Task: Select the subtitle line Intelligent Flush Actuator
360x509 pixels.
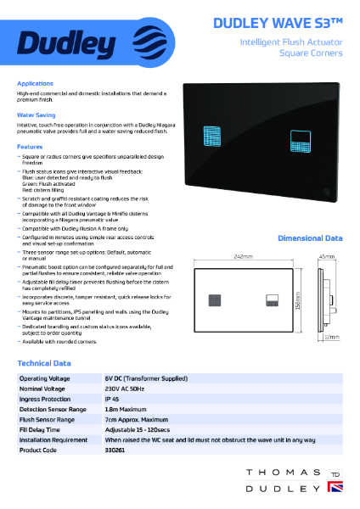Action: click(x=291, y=41)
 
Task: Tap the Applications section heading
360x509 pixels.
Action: click(x=35, y=83)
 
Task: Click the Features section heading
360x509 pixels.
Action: click(x=30, y=146)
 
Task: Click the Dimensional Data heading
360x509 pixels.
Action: click(x=310, y=239)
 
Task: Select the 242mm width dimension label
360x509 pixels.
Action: click(x=245, y=255)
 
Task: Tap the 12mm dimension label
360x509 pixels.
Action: click(x=332, y=337)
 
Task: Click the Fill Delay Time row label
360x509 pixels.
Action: click(x=43, y=429)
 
